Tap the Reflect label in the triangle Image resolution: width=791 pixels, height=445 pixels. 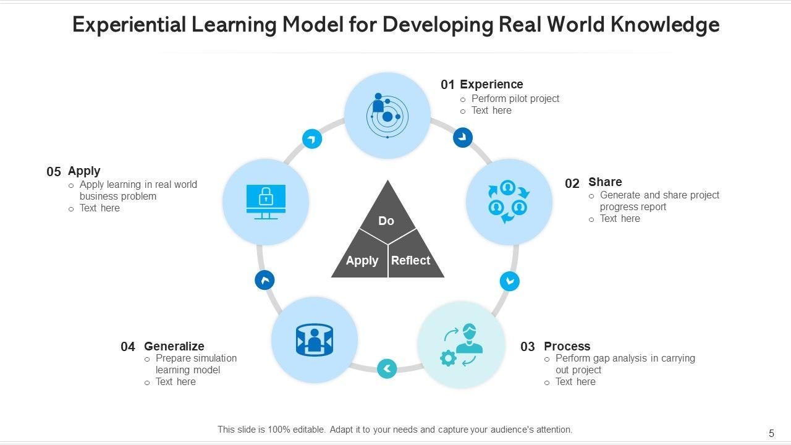pyautogui.click(x=410, y=260)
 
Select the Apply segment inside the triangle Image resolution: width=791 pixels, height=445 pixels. pyautogui.click(x=362, y=260)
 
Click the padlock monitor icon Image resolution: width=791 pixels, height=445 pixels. pyautogui.click(x=266, y=201)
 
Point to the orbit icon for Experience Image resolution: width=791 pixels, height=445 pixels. pyautogui.click(x=387, y=115)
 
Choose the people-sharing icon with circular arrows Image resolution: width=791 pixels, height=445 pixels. pyautogui.click(x=508, y=201)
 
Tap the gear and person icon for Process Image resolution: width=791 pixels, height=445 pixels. pyautogui.click(x=461, y=345)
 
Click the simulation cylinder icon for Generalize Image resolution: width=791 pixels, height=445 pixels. pyautogui.click(x=314, y=340)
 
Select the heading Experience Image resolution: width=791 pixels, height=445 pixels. pyautogui.click(x=491, y=84)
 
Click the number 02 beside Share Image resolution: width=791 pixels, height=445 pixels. pyautogui.click(x=572, y=184)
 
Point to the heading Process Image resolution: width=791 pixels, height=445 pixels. pyautogui.click(x=567, y=346)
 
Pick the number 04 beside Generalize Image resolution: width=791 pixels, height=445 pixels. pyautogui.click(x=128, y=347)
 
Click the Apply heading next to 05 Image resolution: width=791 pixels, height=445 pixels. pyautogui.click(x=84, y=171)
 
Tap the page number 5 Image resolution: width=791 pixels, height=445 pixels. pyautogui.click(x=771, y=434)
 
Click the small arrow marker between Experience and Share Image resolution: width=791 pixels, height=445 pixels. pyautogui.click(x=463, y=137)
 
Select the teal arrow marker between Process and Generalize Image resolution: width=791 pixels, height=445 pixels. pyautogui.click(x=387, y=369)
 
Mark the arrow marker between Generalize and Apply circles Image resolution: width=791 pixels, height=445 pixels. pyautogui.click(x=264, y=280)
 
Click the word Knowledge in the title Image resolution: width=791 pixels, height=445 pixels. pyautogui.click(x=666, y=25)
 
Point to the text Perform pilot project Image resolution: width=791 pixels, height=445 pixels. pyautogui.click(x=515, y=98)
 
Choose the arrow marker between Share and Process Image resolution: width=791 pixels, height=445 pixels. pyautogui.click(x=510, y=281)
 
